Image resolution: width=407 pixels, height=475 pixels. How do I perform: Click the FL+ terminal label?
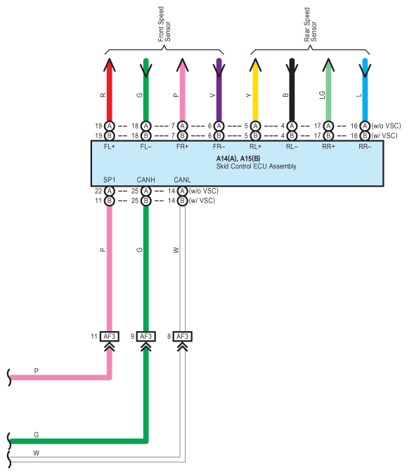(109, 147)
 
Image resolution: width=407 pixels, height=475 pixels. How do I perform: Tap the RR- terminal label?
(365, 147)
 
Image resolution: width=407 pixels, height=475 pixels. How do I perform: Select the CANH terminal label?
(146, 180)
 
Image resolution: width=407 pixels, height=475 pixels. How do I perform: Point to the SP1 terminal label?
(109, 180)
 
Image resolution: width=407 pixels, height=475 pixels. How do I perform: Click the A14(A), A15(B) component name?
(238, 159)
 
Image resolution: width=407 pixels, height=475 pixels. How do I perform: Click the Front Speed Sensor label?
(164, 25)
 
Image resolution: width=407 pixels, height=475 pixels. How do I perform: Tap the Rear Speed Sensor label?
(310, 25)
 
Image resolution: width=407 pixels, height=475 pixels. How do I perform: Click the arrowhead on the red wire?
(110, 65)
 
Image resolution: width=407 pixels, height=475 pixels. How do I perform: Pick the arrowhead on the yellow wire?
(256, 65)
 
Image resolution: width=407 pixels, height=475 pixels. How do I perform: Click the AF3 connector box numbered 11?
(109, 336)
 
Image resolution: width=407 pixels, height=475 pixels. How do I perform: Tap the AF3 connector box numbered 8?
(182, 336)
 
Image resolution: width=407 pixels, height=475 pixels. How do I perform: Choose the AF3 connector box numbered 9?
(146, 336)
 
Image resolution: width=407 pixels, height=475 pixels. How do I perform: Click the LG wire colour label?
(323, 95)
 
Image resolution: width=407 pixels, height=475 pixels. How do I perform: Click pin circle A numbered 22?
(109, 191)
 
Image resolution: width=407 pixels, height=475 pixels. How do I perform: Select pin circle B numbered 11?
(109, 201)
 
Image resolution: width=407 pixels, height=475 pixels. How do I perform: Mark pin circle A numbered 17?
(328, 126)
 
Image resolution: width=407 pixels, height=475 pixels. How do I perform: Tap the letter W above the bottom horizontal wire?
(36, 453)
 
